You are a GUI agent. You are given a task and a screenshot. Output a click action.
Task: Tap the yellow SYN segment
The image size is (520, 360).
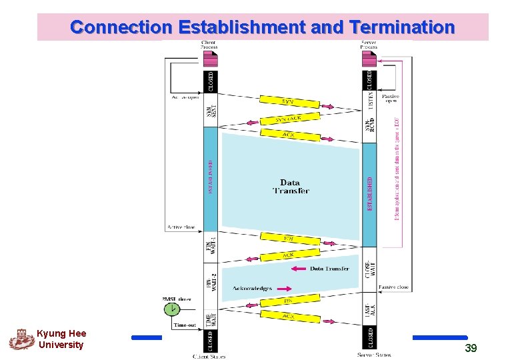tap(287, 101)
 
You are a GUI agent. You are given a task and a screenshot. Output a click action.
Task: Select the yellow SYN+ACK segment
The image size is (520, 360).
tap(288, 119)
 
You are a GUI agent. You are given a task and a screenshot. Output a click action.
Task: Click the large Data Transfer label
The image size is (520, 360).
tap(291, 186)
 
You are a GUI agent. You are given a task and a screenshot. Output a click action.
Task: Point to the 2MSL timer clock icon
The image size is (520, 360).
tap(172, 309)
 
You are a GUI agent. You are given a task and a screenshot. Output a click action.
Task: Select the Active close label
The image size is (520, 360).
tap(180, 227)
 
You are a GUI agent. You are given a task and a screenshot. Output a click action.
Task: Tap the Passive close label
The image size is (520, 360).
tap(393, 287)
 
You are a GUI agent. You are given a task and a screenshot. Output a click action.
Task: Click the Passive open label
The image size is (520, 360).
tap(390, 99)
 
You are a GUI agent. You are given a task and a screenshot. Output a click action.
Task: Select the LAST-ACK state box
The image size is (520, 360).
tap(369, 307)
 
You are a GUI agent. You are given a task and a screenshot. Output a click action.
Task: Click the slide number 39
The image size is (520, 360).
tap(471, 348)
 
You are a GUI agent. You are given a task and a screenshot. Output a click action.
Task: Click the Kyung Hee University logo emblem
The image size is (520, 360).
tap(21, 339)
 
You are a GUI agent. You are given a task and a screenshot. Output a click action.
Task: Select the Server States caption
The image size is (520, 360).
tap(374, 355)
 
